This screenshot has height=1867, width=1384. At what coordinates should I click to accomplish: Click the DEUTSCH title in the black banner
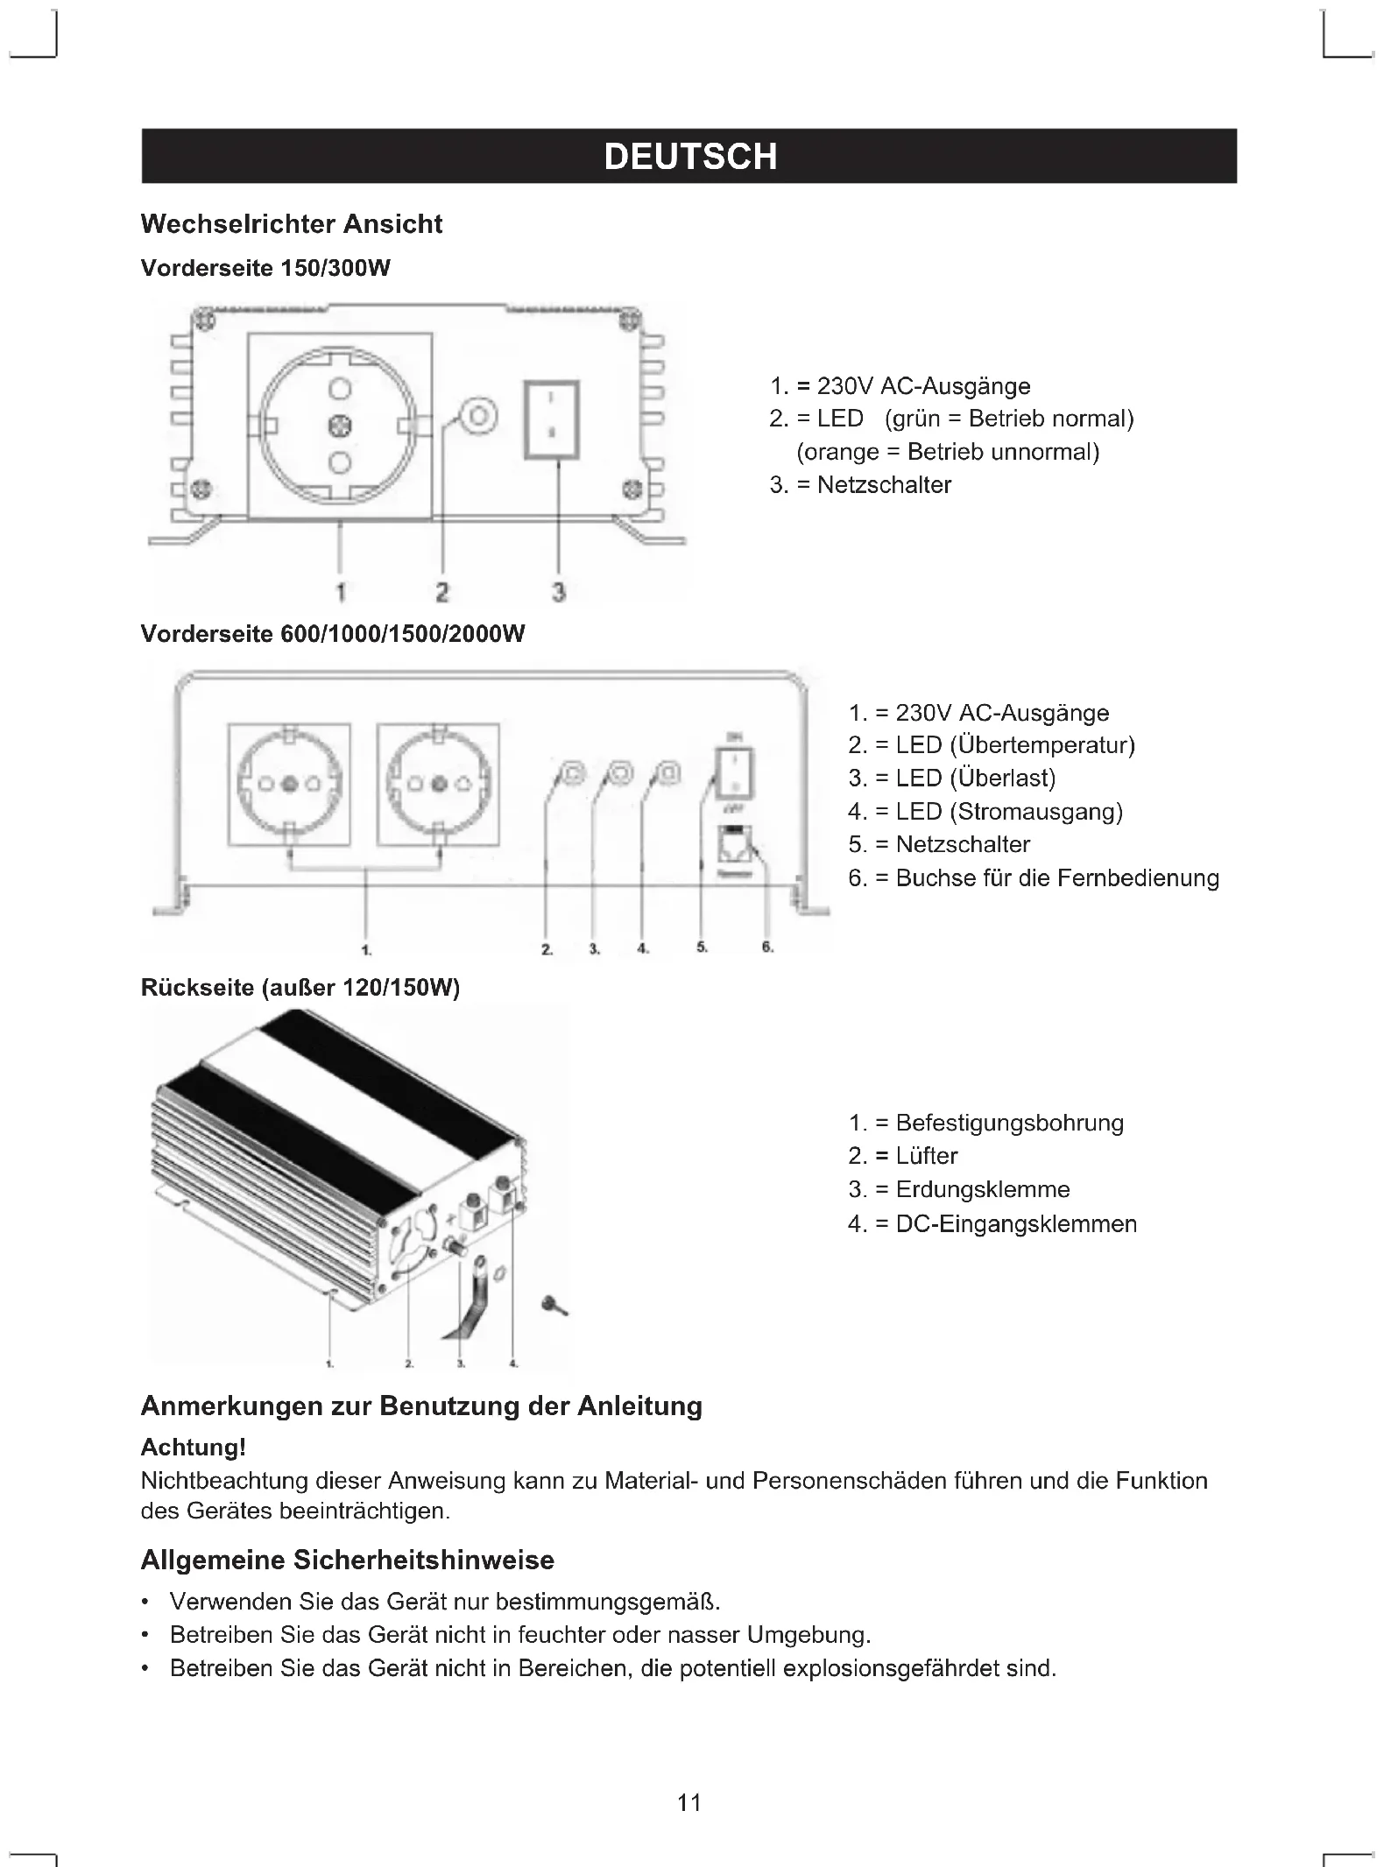690,157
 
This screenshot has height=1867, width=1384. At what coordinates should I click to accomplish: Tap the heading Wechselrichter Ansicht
291,224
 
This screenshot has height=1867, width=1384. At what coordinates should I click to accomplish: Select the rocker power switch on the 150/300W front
552,419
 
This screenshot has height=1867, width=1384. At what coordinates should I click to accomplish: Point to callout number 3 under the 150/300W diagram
559,592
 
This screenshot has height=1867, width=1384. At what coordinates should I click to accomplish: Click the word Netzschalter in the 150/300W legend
884,485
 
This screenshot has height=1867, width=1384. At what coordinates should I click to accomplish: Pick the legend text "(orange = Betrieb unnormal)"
948,452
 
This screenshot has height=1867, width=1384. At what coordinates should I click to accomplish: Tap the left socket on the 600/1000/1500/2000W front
289,785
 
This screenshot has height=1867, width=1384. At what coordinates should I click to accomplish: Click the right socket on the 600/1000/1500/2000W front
439,785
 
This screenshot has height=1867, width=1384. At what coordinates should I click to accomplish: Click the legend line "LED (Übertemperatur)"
1014,745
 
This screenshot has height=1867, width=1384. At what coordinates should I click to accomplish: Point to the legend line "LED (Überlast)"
975,779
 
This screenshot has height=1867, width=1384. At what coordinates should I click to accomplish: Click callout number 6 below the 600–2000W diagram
767,948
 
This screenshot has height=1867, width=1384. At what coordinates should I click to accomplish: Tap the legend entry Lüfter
927,1156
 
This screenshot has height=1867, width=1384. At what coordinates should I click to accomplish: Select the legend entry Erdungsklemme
982,1189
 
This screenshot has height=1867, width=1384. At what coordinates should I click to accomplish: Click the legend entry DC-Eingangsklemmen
1016,1223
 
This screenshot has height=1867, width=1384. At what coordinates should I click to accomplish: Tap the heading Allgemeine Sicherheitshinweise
347,1561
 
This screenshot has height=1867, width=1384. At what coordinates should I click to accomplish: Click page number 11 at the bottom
689,1802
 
